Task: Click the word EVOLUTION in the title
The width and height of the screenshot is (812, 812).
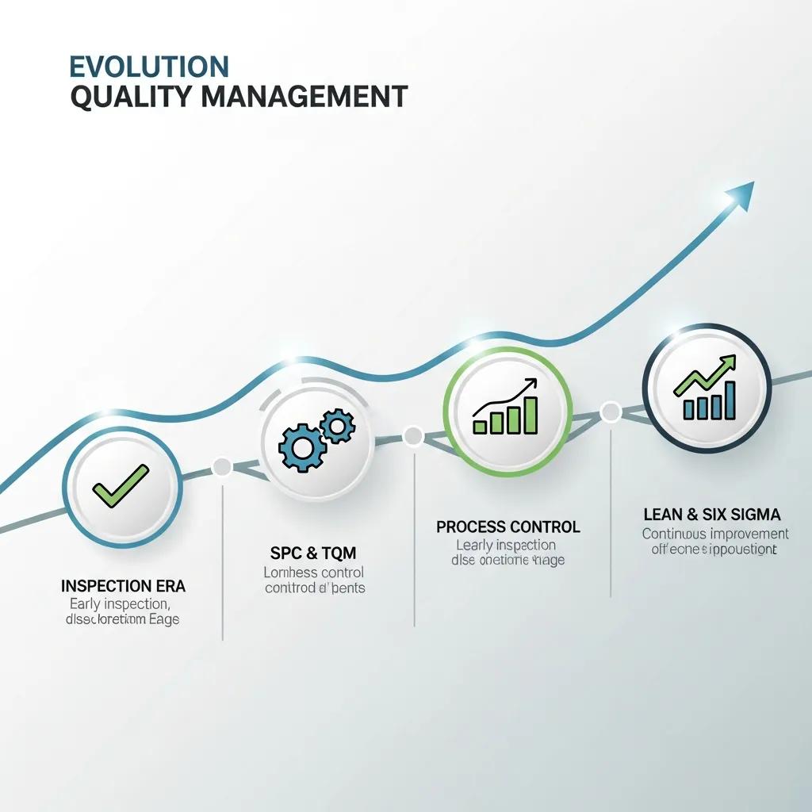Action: pos(149,65)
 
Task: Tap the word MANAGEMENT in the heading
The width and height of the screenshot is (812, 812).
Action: pos(304,97)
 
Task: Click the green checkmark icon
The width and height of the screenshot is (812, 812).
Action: pos(121,485)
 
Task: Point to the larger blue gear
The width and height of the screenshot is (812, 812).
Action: pos(299,449)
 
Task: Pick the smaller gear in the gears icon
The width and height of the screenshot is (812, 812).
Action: pos(339,427)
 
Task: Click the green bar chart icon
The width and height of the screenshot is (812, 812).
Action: pos(507,409)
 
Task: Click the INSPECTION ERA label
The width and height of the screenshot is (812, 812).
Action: pos(123,587)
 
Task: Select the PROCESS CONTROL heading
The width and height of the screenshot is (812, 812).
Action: pos(507,527)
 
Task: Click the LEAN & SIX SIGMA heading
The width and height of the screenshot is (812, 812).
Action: pos(712,515)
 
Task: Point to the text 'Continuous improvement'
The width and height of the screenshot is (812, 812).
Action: pos(715,534)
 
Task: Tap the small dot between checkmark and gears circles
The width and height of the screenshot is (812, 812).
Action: pos(222,466)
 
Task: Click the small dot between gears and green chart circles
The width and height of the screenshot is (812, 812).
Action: pos(413,435)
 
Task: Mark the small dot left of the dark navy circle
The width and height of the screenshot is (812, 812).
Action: pos(611,412)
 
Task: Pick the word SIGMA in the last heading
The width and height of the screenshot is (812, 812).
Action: pos(755,515)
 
